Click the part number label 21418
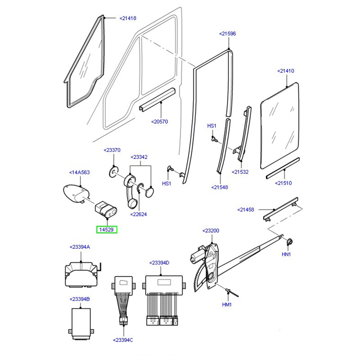tap(128, 18)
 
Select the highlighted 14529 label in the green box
tap(108, 229)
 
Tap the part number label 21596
tap(227, 34)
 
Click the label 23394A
tap(80, 247)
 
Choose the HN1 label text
tap(287, 254)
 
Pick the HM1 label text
tap(227, 305)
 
